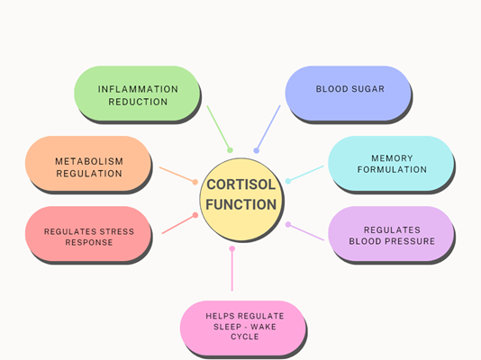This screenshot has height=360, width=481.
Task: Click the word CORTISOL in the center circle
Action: (x=241, y=184)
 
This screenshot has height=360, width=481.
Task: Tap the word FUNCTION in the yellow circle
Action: (x=241, y=204)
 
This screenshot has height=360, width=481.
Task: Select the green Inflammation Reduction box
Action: (x=137, y=93)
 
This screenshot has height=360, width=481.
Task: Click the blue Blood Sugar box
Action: (x=349, y=93)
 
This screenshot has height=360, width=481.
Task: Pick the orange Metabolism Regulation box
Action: (x=88, y=163)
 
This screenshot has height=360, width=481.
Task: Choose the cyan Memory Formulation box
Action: (x=391, y=163)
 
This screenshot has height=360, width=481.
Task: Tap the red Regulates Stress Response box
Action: (x=88, y=233)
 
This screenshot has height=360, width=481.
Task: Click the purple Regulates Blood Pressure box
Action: (x=391, y=233)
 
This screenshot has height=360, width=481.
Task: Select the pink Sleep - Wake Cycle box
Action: (x=243, y=328)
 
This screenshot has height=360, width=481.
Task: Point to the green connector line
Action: (x=218, y=128)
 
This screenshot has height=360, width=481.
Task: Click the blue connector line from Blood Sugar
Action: (x=268, y=128)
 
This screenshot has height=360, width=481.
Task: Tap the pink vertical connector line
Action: (x=232, y=270)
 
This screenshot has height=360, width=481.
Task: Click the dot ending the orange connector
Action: (x=195, y=182)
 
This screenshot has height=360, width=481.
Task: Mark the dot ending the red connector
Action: (x=195, y=215)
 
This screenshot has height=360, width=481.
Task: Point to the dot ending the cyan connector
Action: (x=288, y=181)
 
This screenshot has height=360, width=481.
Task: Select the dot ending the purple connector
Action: (x=288, y=225)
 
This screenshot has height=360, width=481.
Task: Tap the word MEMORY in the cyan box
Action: (x=392, y=158)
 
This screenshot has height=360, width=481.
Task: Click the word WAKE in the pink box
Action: (x=263, y=327)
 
